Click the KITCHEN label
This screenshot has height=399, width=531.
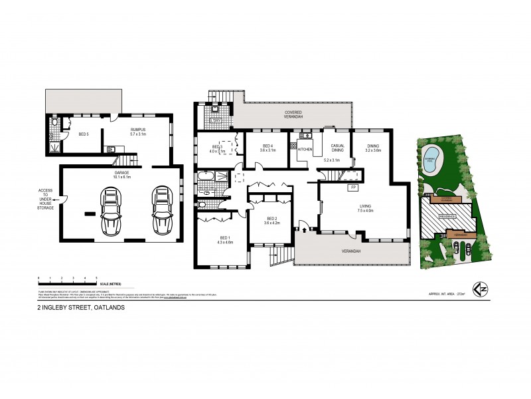tap(305, 150)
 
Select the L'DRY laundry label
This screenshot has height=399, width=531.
tap(216, 120)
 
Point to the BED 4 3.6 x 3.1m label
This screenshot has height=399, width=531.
tap(267, 148)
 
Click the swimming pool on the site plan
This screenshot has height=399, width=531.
tap(432, 160)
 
